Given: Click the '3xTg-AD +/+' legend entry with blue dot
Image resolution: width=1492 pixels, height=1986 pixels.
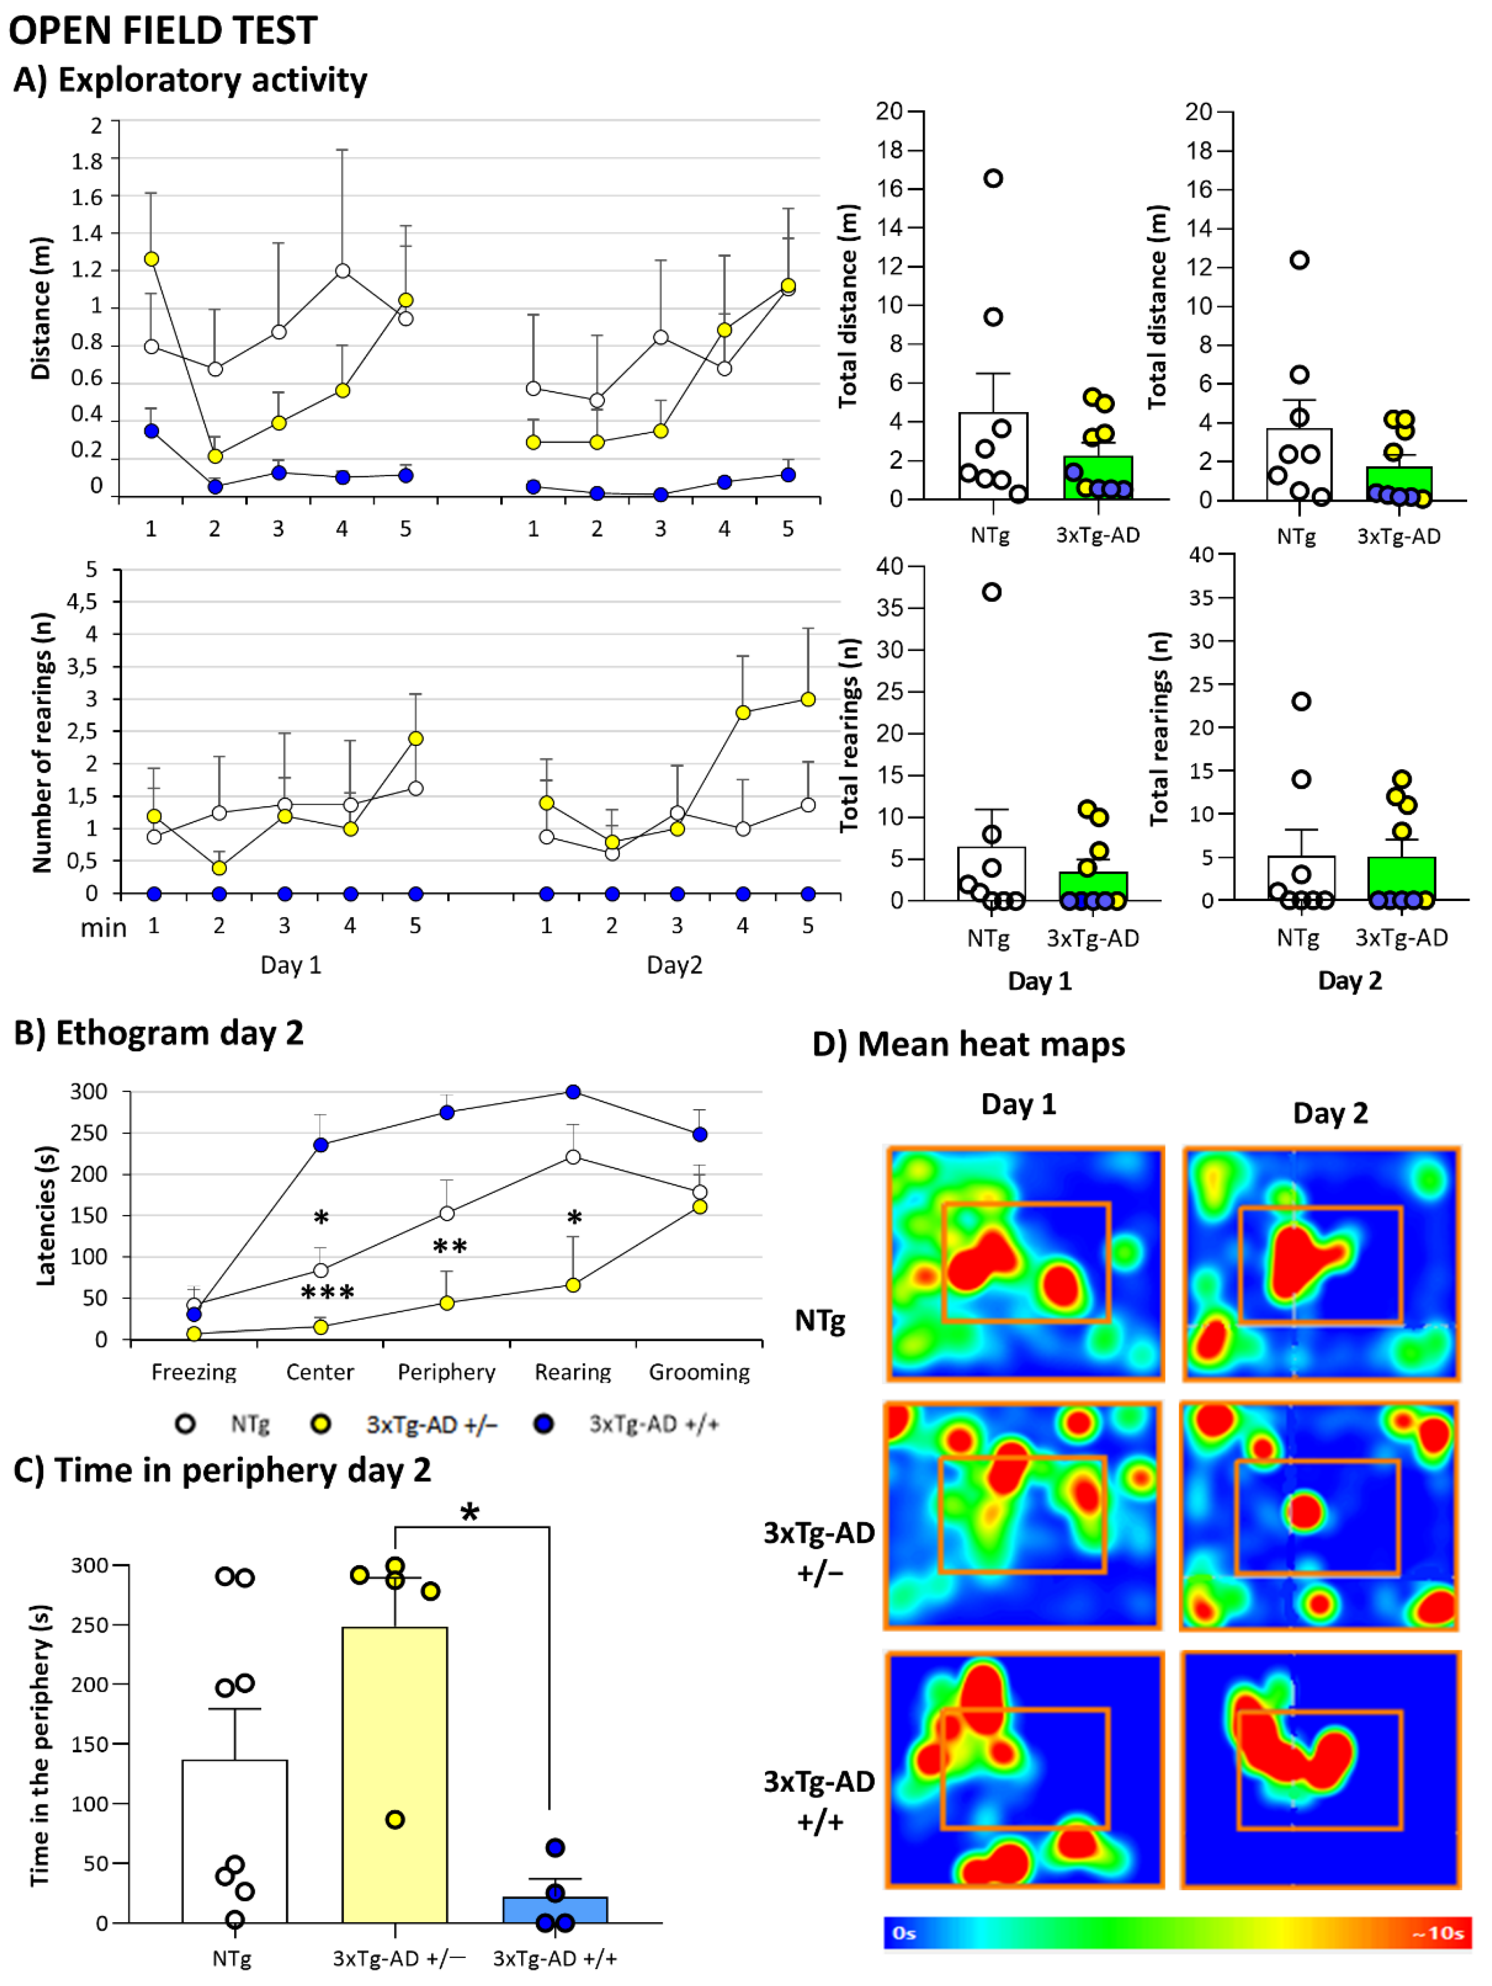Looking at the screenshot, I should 653,1424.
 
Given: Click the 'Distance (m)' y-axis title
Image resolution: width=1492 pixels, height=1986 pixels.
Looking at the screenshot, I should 40,308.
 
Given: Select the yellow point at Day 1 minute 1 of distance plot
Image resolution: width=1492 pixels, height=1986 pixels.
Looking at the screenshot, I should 151,258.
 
